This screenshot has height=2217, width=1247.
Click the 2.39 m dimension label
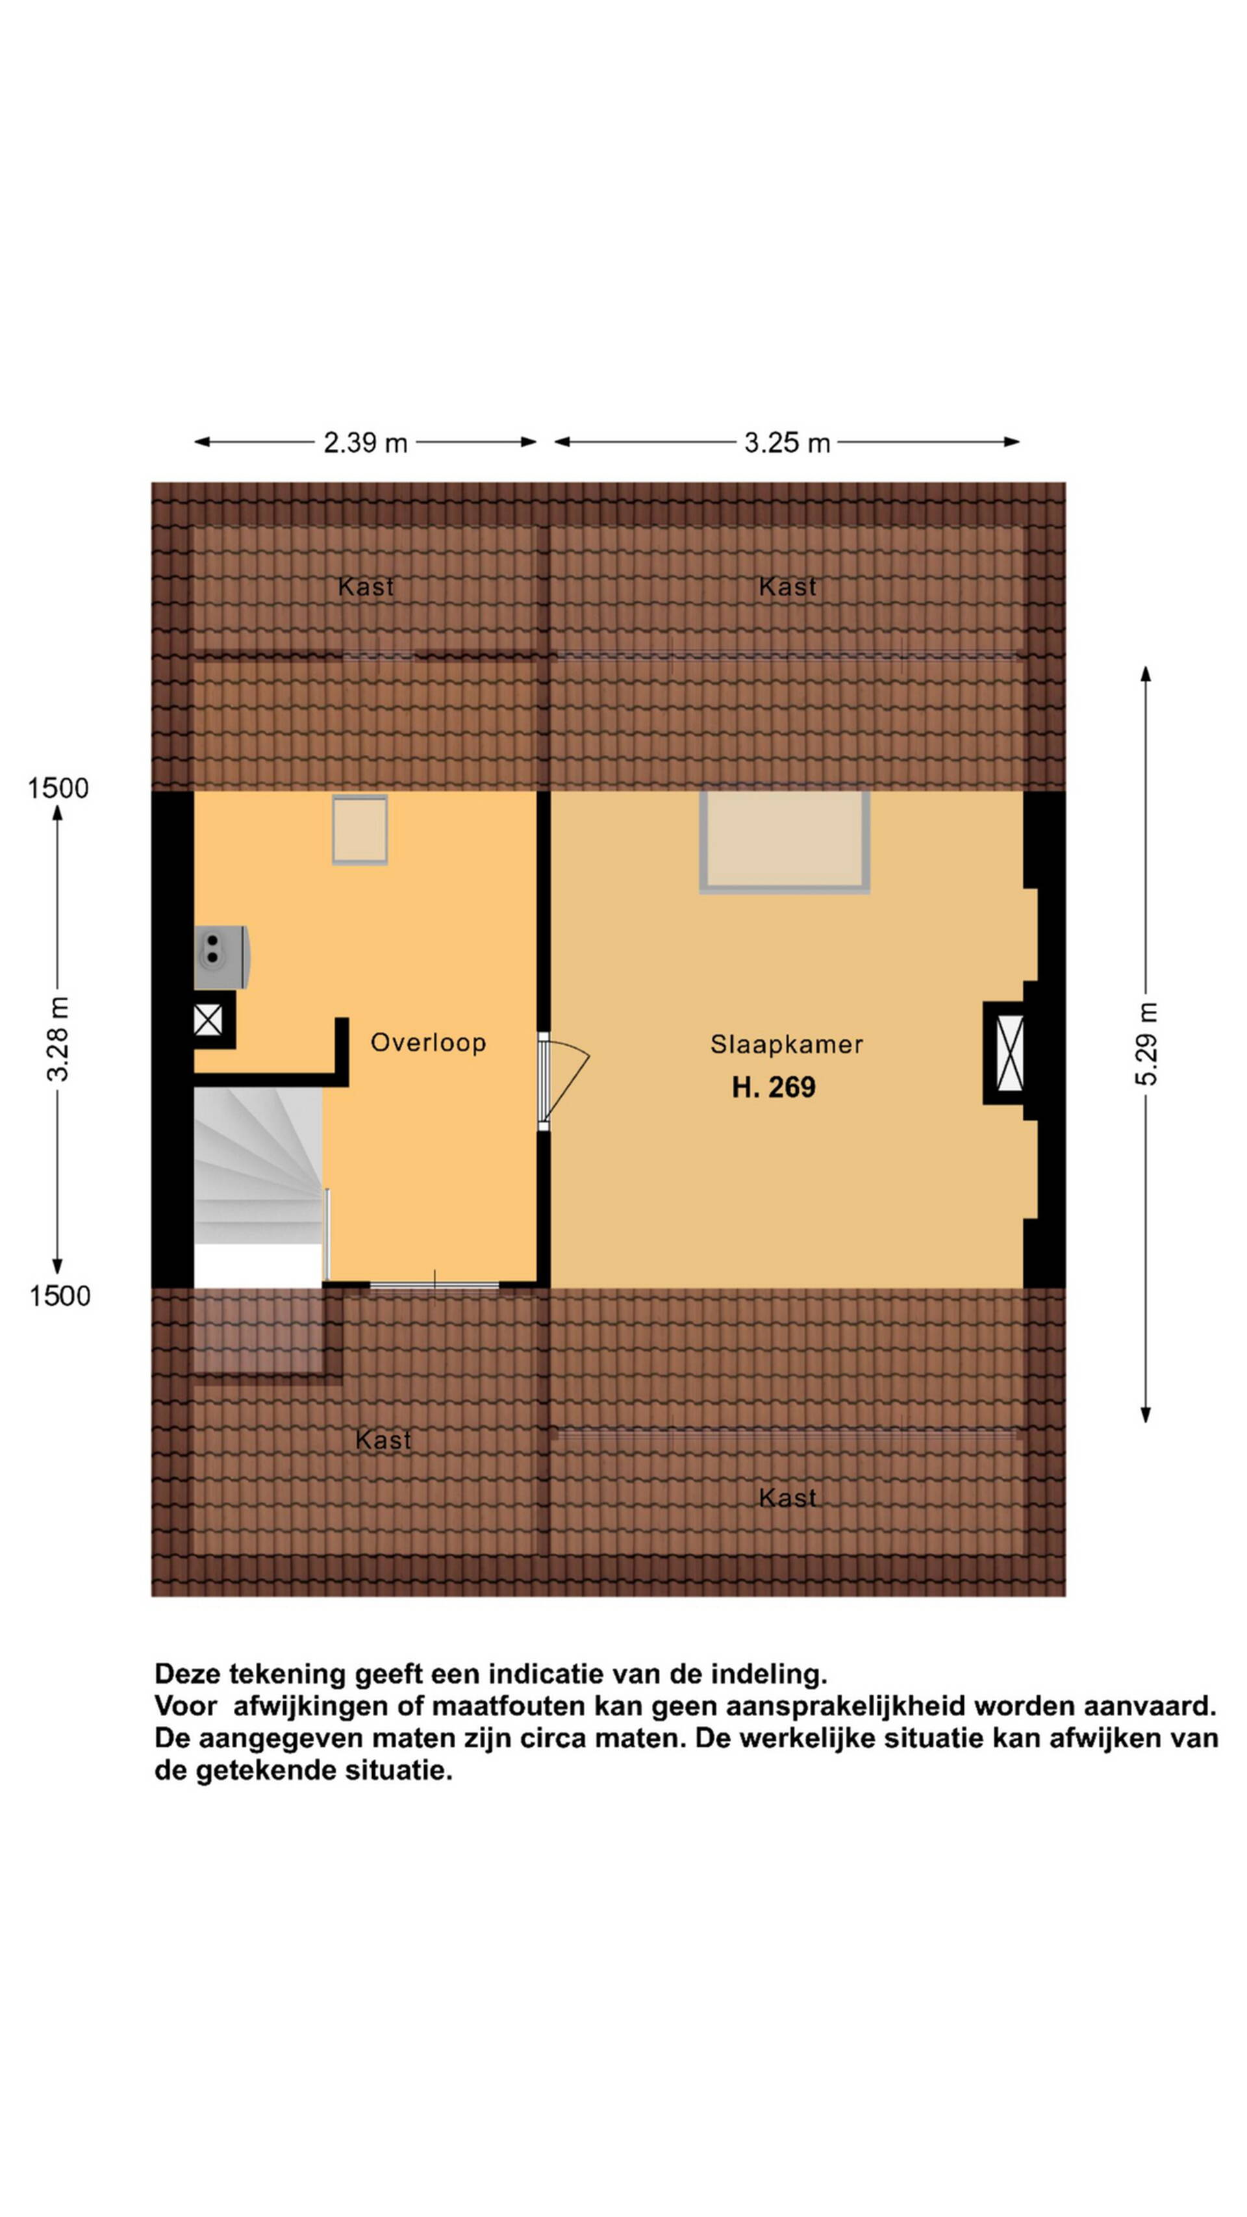click(x=365, y=442)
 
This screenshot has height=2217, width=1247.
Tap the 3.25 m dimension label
click(x=787, y=442)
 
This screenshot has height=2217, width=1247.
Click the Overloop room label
click(x=429, y=1042)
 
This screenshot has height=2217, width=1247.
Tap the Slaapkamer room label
click(x=787, y=1044)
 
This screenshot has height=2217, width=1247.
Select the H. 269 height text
click(x=774, y=1087)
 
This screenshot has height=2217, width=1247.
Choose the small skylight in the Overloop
click(x=360, y=829)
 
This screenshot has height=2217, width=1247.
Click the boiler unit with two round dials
click(x=221, y=956)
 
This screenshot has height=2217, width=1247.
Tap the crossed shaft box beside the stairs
click(x=208, y=1020)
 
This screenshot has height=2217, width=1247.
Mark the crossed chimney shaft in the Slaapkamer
click(x=1009, y=1052)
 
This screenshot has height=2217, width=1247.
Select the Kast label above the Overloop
click(x=366, y=587)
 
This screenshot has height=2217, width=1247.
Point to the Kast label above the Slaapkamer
click(x=787, y=587)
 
